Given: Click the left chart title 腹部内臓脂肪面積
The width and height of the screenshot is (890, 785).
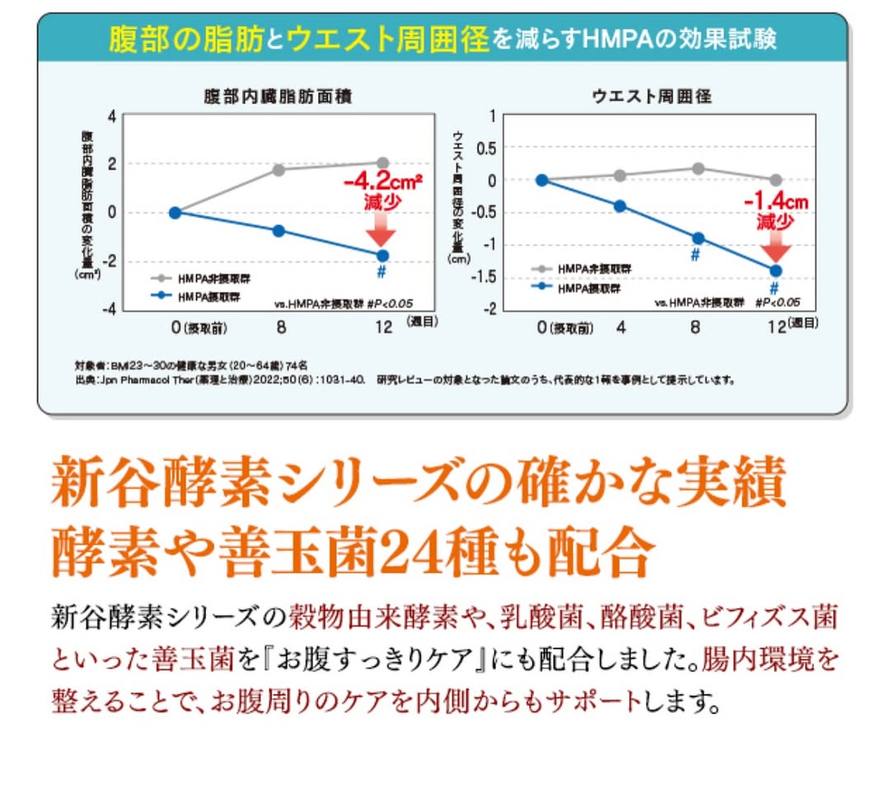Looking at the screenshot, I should [x=278, y=96].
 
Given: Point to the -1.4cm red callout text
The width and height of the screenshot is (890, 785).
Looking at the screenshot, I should [x=775, y=202].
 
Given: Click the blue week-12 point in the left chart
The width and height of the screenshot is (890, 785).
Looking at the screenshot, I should [x=382, y=256].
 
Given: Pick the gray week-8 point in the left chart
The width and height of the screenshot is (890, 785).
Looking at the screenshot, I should [x=279, y=170].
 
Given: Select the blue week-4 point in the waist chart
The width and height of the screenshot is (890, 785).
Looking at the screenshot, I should [x=620, y=206].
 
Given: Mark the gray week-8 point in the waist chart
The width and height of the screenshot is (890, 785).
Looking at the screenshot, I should [x=698, y=169].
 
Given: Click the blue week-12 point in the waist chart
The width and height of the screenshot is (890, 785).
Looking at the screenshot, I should [x=775, y=270].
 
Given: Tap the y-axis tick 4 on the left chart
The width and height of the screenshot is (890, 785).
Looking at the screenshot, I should [x=112, y=114].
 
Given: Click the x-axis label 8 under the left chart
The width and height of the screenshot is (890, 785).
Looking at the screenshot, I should [x=280, y=327].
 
